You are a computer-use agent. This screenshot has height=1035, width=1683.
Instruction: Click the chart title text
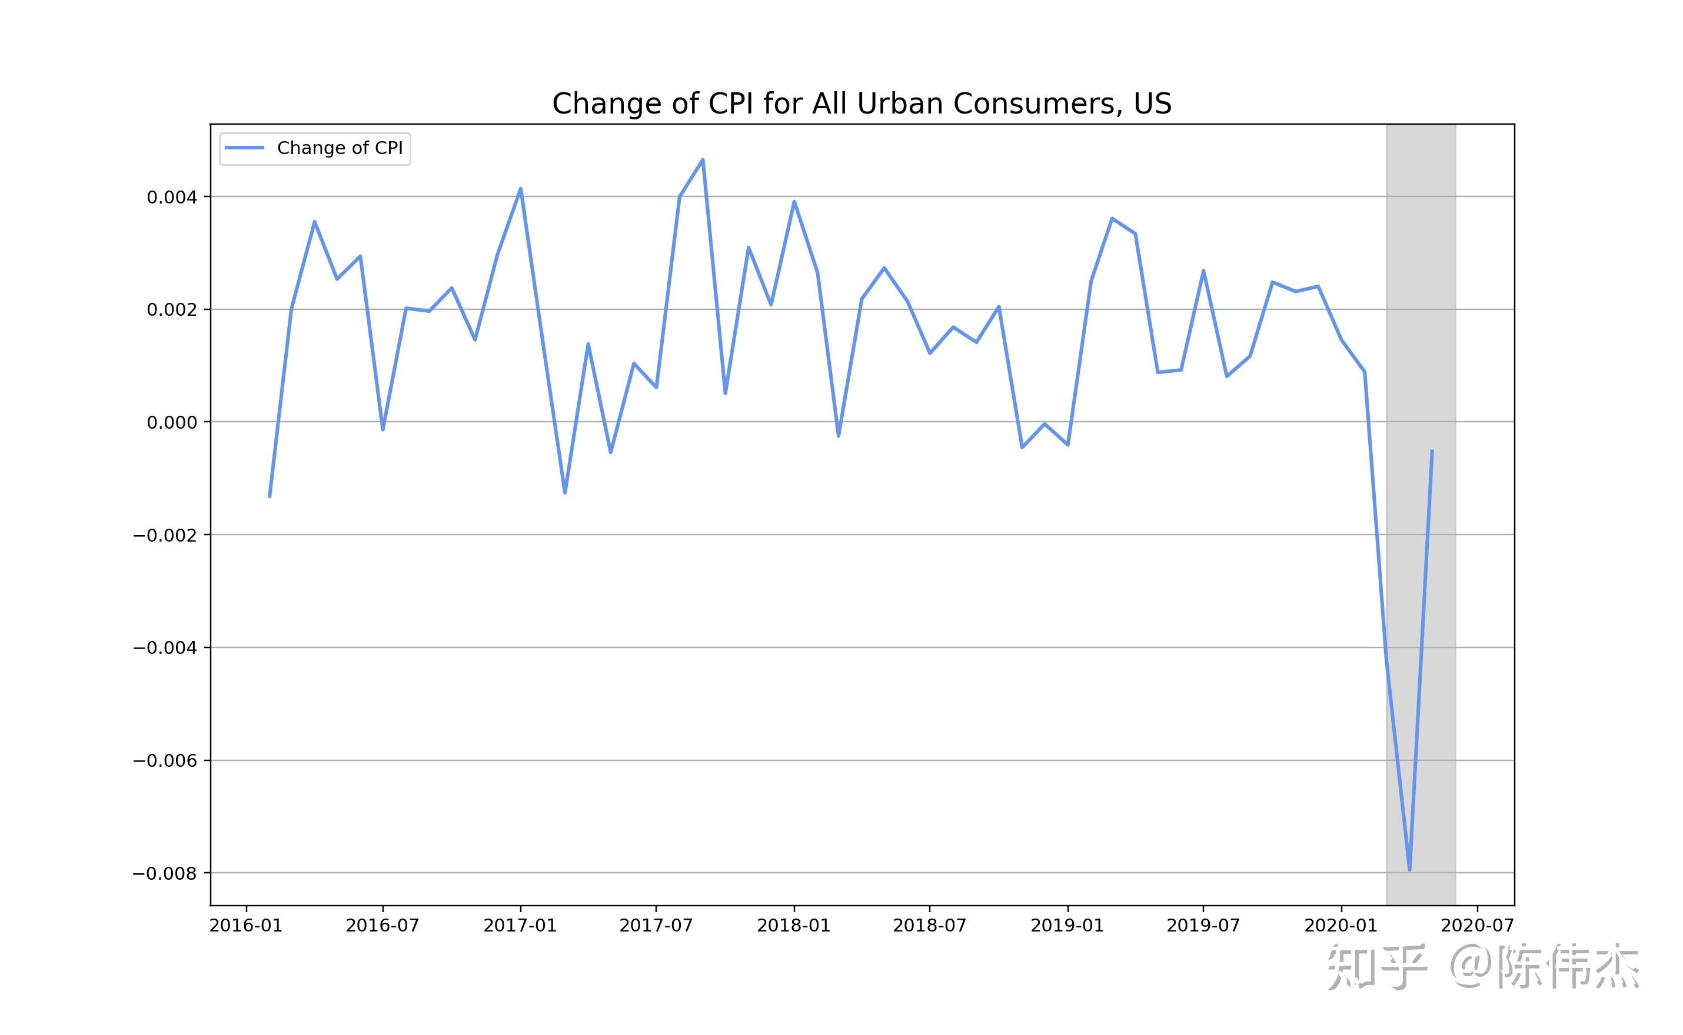click(861, 104)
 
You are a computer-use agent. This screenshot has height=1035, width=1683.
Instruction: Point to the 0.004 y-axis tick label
click(171, 197)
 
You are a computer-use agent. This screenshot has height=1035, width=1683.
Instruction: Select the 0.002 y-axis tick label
click(171, 309)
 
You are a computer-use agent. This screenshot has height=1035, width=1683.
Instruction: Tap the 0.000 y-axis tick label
click(171, 422)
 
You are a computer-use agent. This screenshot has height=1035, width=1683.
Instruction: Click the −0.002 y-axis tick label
click(164, 535)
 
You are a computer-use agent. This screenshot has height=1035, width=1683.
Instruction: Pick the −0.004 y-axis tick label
click(164, 647)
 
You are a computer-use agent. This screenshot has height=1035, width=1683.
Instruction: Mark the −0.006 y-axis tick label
click(164, 760)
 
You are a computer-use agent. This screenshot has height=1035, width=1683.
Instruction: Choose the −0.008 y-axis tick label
click(164, 873)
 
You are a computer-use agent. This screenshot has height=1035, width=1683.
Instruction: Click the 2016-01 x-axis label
click(245, 926)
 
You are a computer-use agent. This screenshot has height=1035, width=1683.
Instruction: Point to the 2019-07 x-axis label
click(1203, 926)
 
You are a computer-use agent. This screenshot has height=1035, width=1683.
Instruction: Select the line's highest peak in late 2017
click(703, 160)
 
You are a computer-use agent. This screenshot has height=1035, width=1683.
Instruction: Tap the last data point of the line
click(1432, 450)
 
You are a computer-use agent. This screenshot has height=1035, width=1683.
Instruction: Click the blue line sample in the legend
click(245, 148)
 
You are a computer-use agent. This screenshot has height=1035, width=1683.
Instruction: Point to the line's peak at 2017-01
click(521, 188)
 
